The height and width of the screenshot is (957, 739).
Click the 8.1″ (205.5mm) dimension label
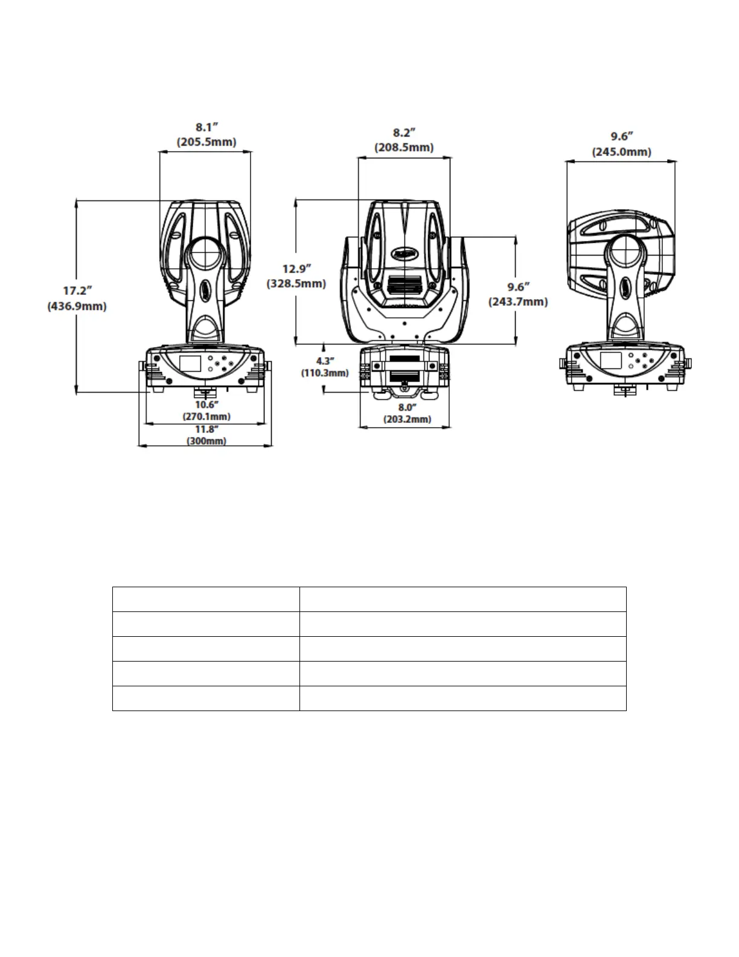206,135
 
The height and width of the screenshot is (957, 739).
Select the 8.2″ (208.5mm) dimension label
404,140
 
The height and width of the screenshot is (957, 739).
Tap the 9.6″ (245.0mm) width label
621,144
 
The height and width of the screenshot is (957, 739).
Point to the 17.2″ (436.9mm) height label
77,298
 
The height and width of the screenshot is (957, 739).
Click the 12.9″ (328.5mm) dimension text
296,276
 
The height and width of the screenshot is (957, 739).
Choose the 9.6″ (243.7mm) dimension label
518,294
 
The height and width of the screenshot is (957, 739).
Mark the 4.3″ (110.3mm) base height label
325,367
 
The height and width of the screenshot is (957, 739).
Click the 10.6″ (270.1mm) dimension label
206,410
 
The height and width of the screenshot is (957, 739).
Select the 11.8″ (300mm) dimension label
206,435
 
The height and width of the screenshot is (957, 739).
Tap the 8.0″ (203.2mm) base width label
407,413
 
